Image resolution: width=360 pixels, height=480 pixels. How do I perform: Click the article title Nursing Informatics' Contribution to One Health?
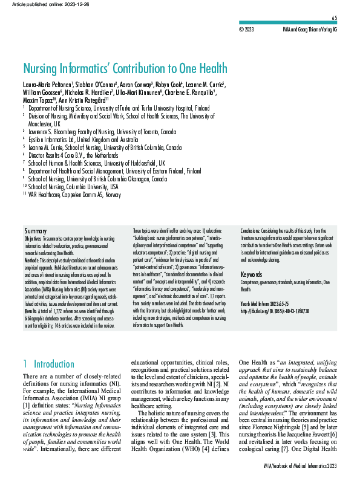pyautogui.click(x=125, y=68)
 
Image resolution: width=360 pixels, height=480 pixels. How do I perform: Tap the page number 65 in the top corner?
pyautogui.click(x=351, y=19)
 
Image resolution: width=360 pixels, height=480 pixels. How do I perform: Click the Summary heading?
pyautogui.click(x=35, y=232)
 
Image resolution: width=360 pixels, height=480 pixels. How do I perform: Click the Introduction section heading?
pyautogui.click(x=52, y=364)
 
